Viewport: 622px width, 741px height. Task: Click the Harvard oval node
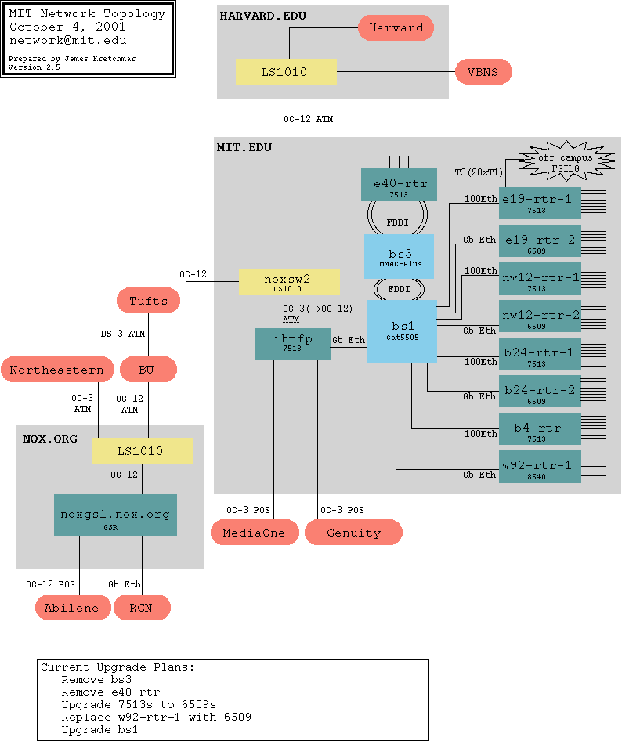[396, 27]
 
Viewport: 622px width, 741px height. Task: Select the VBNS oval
[483, 72]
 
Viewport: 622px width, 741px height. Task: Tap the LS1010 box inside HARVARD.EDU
[286, 72]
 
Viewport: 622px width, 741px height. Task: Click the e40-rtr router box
[399, 185]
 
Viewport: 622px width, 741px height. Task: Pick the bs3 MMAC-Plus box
[399, 256]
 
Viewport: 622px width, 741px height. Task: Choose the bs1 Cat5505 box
[402, 331]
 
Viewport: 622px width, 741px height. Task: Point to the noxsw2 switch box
[289, 281]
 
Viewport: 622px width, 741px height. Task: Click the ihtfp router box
[292, 345]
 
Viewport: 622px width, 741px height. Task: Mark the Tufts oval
[148, 301]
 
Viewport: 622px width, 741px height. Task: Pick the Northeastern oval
[56, 370]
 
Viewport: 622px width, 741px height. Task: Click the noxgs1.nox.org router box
[115, 515]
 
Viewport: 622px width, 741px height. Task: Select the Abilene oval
[71, 608]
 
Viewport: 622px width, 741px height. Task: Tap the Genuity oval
[353, 533]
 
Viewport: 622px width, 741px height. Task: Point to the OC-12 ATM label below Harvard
[308, 119]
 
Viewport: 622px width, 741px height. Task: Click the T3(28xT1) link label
[479, 172]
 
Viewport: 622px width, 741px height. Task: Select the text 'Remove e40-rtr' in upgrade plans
[110, 692]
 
